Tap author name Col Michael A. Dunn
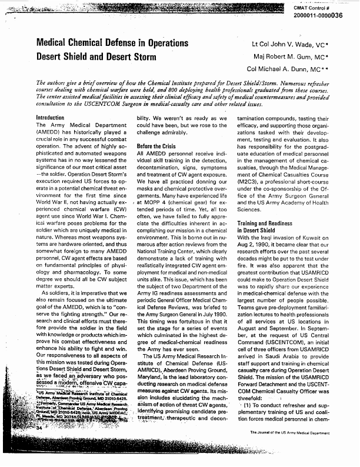[289, 68]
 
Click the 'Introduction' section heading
[50, 118]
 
